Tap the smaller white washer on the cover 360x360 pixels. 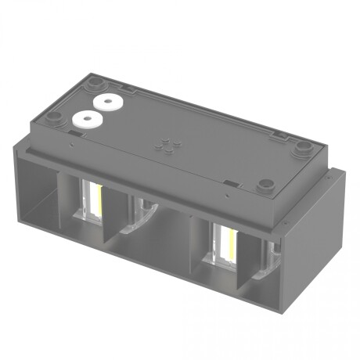106,102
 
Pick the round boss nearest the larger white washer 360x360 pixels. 55,118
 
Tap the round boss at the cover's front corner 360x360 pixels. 265,186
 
